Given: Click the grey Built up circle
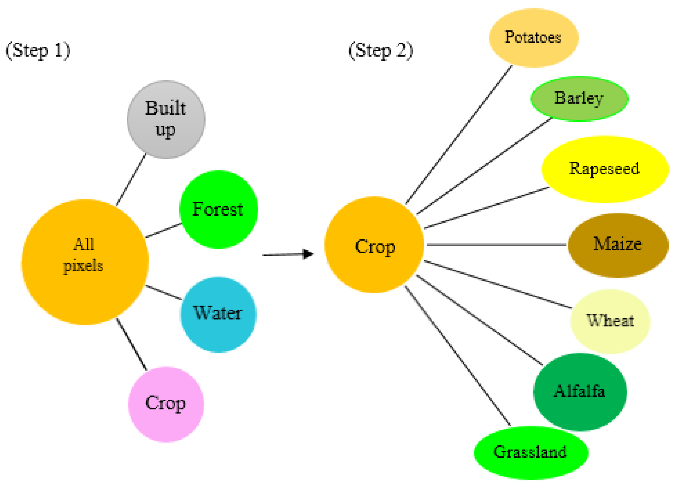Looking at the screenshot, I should pos(166,120).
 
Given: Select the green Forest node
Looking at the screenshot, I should pos(218,209).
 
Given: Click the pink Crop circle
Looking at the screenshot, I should pos(166,404).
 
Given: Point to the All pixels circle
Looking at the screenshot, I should pos(85,262).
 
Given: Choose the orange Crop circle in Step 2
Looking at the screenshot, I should pos(374,244).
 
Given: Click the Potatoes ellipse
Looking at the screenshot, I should pos(534,38).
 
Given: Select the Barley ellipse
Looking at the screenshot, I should pos(579,99).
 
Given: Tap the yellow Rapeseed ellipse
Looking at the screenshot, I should pos(605,169).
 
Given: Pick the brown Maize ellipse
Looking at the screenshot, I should pos(618,245).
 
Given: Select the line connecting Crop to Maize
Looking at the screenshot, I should pos(496,245).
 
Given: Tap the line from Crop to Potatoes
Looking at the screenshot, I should pos(459,135).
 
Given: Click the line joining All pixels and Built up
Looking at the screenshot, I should pos(131,179).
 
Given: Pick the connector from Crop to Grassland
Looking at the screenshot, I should pos(457,356).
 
